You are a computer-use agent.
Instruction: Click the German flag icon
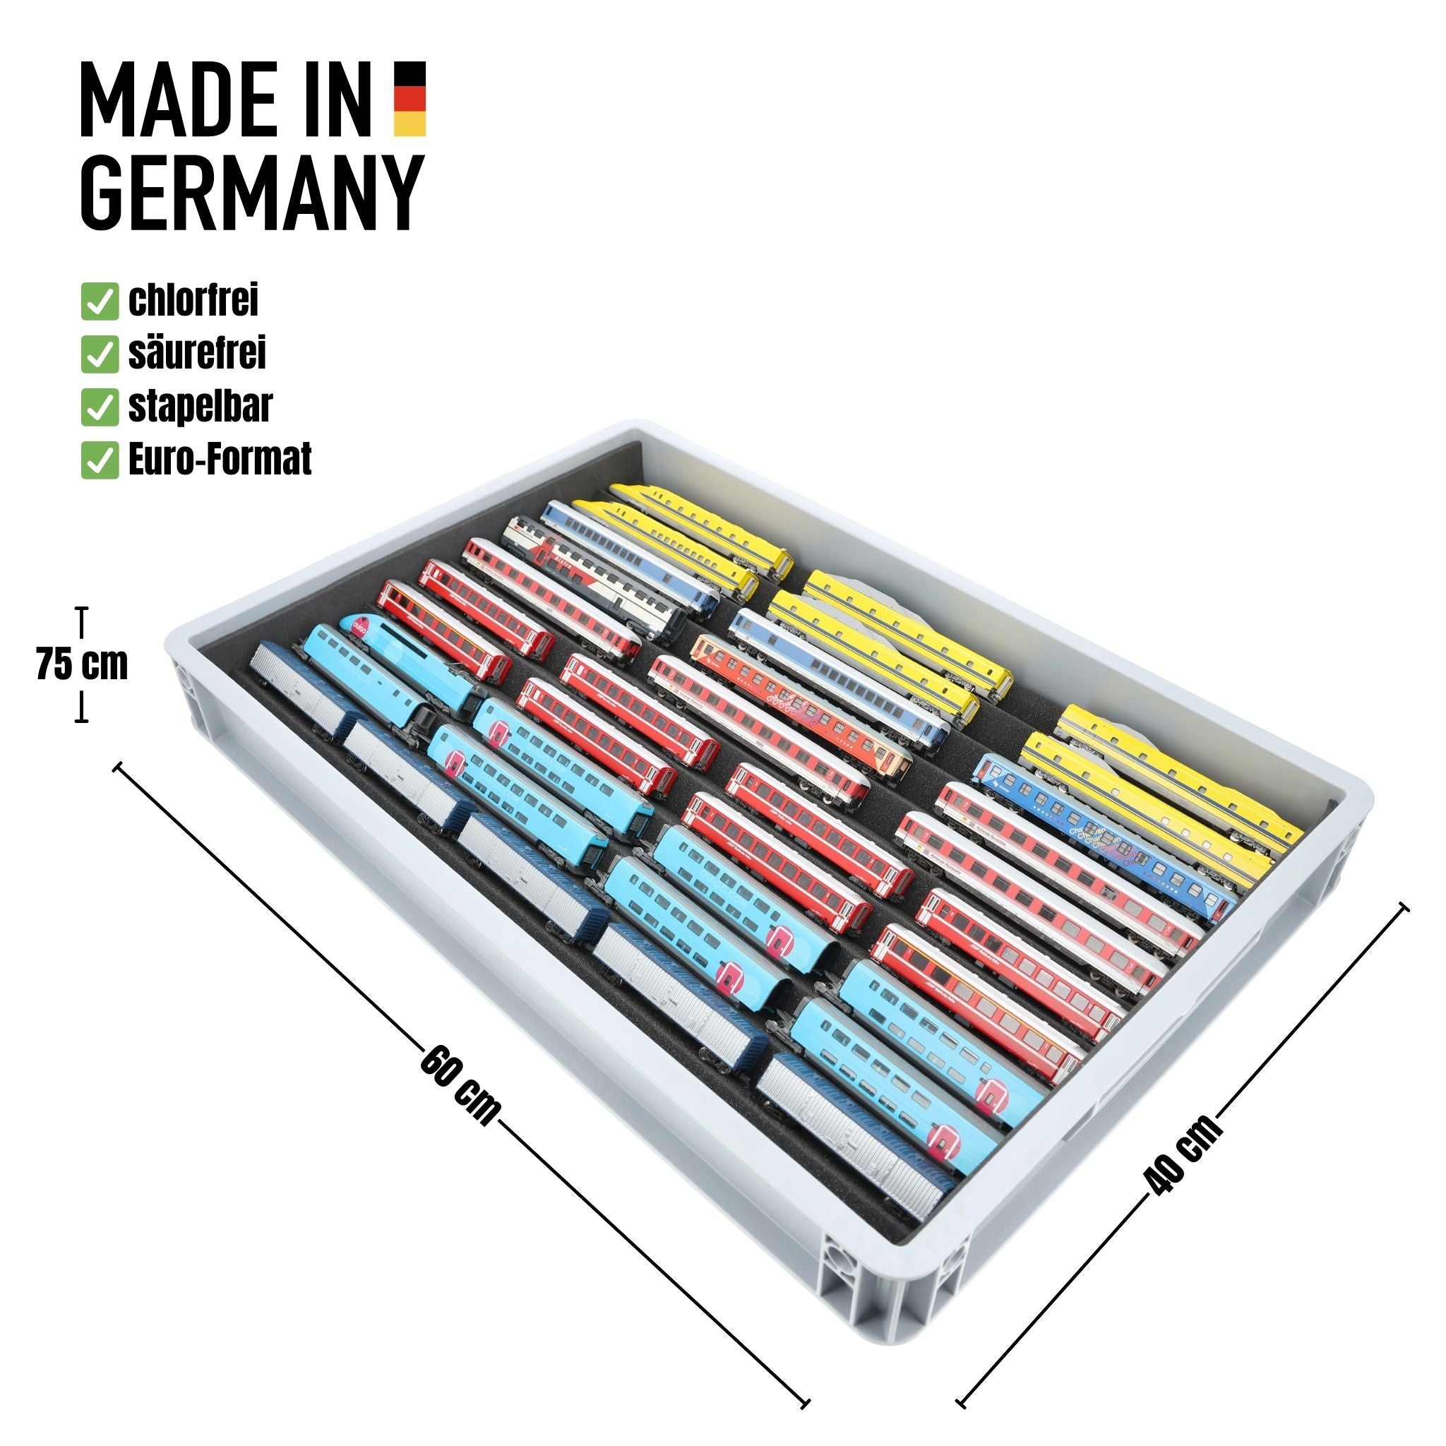click(410, 99)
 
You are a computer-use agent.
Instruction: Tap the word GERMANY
click(252, 192)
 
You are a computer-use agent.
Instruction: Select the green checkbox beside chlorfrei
click(100, 301)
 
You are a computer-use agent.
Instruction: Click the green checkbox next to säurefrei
click(100, 354)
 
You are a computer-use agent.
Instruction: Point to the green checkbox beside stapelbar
click(100, 408)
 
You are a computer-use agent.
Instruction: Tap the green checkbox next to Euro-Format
click(100, 460)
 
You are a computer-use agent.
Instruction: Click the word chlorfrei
click(193, 301)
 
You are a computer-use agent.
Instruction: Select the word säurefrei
click(197, 353)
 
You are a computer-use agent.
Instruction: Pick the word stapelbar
click(200, 407)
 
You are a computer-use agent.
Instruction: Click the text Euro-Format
click(220, 460)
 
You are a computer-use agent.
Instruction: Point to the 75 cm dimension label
click(82, 664)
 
